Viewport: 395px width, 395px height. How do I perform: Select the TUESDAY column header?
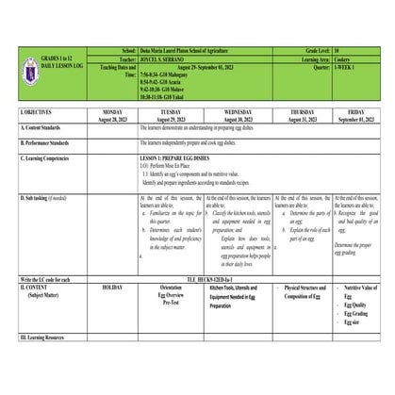[171, 114]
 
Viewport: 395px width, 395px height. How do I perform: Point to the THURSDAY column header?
[301, 114]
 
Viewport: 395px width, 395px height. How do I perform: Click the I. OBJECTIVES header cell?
[38, 114]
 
